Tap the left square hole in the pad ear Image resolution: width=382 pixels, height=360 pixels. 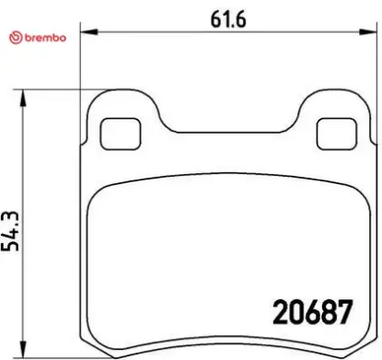114,134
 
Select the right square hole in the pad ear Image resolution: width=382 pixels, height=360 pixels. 328,134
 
